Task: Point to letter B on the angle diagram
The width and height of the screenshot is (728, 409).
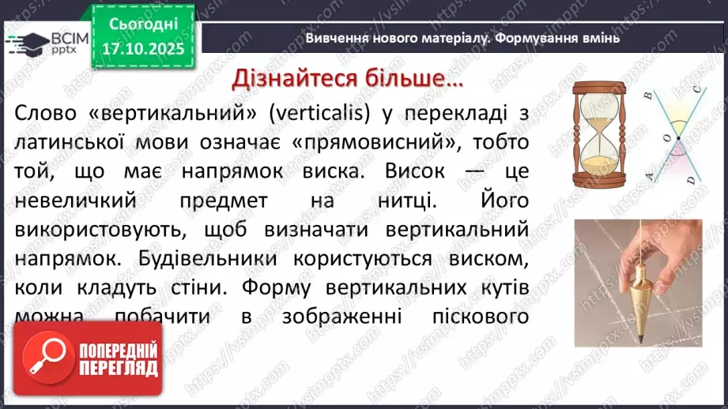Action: (x=647, y=96)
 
